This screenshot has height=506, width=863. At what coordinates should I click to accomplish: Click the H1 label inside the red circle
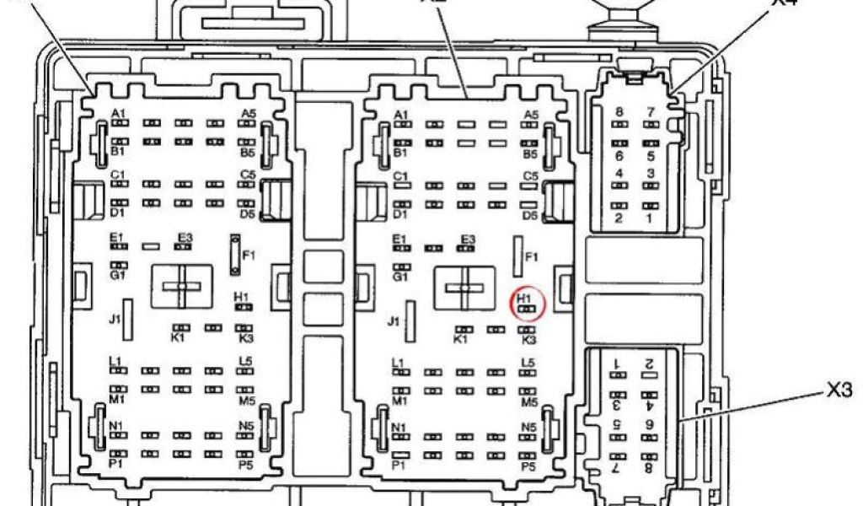coord(524,298)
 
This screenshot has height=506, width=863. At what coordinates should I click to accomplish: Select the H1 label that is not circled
coord(242,297)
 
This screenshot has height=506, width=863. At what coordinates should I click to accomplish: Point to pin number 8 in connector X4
coord(619,112)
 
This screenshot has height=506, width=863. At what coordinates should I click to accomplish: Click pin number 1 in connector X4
coord(650,219)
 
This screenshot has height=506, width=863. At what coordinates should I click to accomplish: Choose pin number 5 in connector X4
coord(650,156)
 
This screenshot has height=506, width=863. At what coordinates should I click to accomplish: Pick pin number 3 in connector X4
coord(650,174)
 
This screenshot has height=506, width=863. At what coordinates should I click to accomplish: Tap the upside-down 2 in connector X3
coord(649,363)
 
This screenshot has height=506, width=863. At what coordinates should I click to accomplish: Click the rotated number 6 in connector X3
coord(650,425)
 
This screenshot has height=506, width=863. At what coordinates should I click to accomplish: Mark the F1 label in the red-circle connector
coord(531,256)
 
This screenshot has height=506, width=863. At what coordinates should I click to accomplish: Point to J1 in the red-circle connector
coord(393,321)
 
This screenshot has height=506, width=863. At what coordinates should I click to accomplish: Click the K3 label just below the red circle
coord(529,340)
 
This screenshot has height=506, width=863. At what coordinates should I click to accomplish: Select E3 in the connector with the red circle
coord(468,239)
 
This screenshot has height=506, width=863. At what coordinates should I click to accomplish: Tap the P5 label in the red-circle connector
coord(528,466)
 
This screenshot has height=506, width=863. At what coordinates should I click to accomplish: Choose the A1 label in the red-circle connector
coord(401,115)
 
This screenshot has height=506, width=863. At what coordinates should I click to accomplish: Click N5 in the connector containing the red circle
coord(528,426)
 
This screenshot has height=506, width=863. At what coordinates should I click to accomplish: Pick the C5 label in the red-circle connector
coord(530,175)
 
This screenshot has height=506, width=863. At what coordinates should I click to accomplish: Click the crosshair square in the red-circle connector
coord(463,288)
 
